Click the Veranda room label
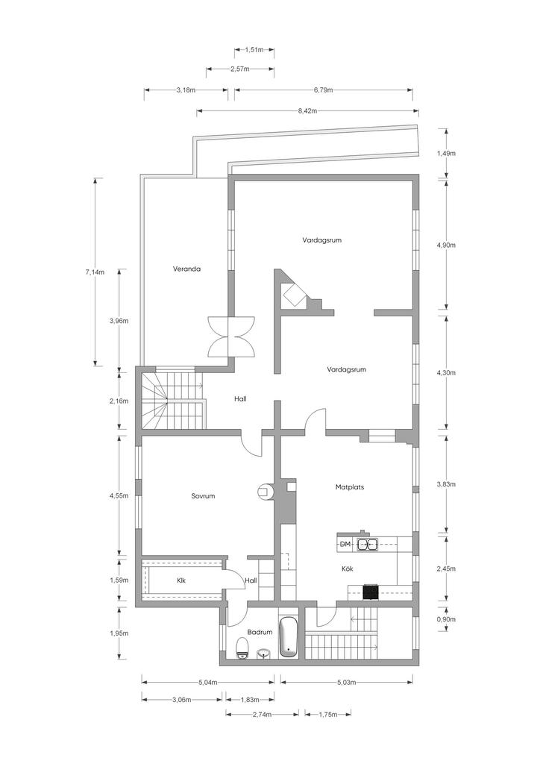point(187,269)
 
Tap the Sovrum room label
point(203,496)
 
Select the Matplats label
point(350,486)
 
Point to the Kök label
point(347,569)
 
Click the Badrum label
point(260,632)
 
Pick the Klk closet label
point(181,580)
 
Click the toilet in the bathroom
point(242,648)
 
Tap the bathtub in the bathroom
point(287,636)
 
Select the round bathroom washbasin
point(263,653)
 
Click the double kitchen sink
point(368,544)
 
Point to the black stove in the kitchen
point(371,592)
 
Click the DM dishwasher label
point(345,544)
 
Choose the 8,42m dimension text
point(308,110)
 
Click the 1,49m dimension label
point(446,153)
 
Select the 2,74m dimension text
point(262,714)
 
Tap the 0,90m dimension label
point(446,619)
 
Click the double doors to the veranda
point(231,336)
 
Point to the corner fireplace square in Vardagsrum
point(295,295)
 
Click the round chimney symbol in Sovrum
point(264,491)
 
